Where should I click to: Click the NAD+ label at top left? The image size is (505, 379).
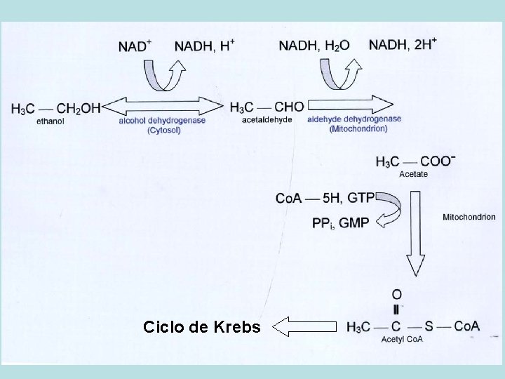(135, 46)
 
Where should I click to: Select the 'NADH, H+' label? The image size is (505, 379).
(205, 46)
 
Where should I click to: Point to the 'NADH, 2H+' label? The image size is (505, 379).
(403, 45)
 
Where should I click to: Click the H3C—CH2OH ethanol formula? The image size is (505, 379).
(56, 108)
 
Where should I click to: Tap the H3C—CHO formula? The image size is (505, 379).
(267, 107)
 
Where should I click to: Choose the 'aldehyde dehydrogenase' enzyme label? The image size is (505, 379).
(354, 119)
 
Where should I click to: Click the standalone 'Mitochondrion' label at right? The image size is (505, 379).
(469, 217)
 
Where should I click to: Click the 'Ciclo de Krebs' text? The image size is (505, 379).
(201, 327)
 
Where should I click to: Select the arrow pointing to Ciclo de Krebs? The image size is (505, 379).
(303, 326)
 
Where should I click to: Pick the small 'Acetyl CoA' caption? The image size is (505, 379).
(398, 340)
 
